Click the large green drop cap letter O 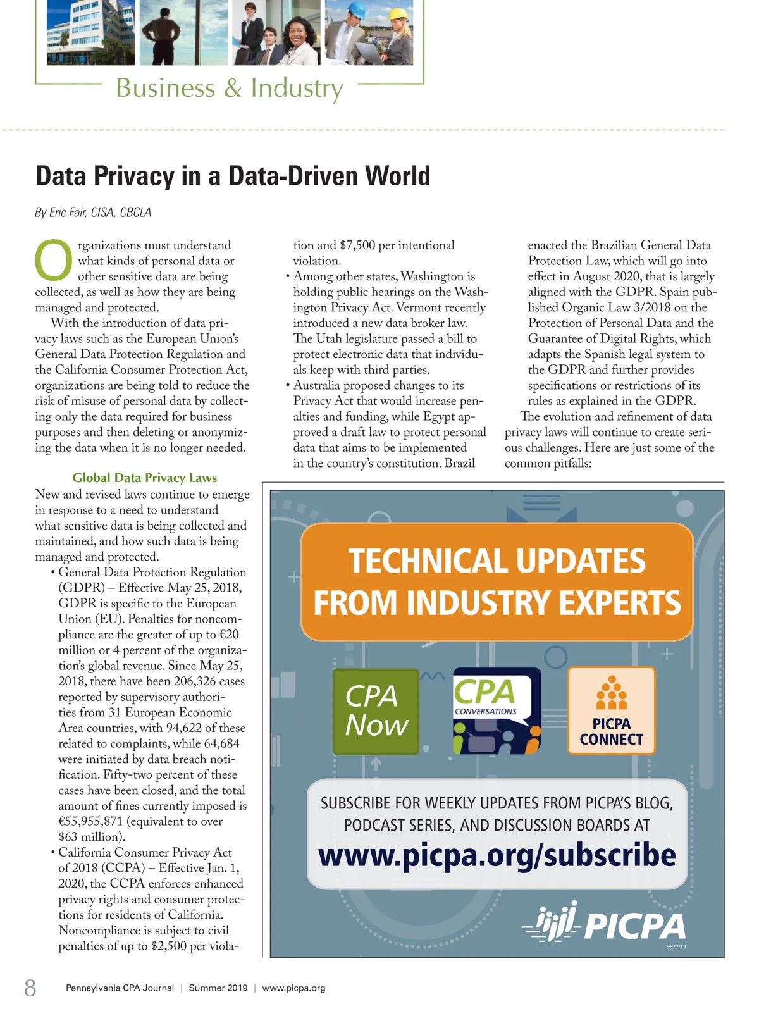(54, 260)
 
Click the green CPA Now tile (376, 711)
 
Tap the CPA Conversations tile (497, 711)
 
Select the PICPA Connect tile (611, 711)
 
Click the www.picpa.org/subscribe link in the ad (497, 855)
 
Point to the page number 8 (30, 988)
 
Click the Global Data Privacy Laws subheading (145, 478)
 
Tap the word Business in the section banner (166, 88)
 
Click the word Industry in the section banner (297, 88)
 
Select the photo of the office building (82, 33)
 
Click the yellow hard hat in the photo (399, 13)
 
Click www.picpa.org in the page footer (293, 988)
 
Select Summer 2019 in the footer (218, 988)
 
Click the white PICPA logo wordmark (634, 927)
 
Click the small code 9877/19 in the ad (676, 947)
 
